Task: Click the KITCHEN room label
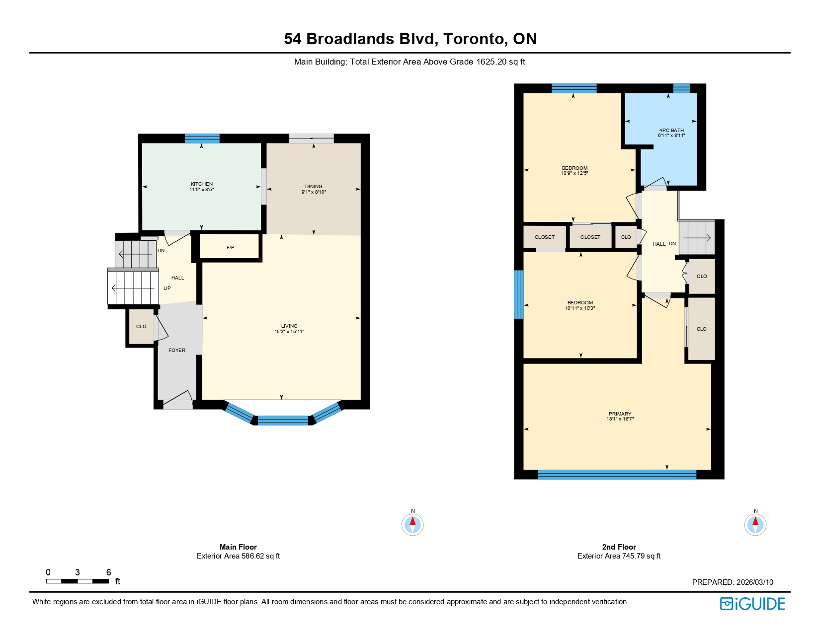tap(201, 184)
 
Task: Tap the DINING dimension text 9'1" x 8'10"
tap(314, 192)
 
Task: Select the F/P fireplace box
tap(230, 247)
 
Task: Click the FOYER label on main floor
tap(177, 350)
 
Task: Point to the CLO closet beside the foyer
tap(141, 326)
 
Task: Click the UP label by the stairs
tap(167, 288)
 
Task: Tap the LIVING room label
tap(289, 326)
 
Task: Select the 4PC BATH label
tap(671, 130)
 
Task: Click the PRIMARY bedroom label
tap(620, 414)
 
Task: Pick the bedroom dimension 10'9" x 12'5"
tap(574, 173)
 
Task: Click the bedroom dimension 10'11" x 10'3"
tap(580, 308)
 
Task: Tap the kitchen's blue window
tap(202, 139)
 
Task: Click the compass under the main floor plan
tap(412, 524)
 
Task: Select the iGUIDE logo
tap(752, 604)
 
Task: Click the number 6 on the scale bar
tap(108, 572)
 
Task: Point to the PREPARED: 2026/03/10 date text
tap(733, 582)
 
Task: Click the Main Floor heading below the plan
tap(238, 547)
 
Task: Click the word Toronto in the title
tap(473, 39)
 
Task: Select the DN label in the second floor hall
tap(672, 243)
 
